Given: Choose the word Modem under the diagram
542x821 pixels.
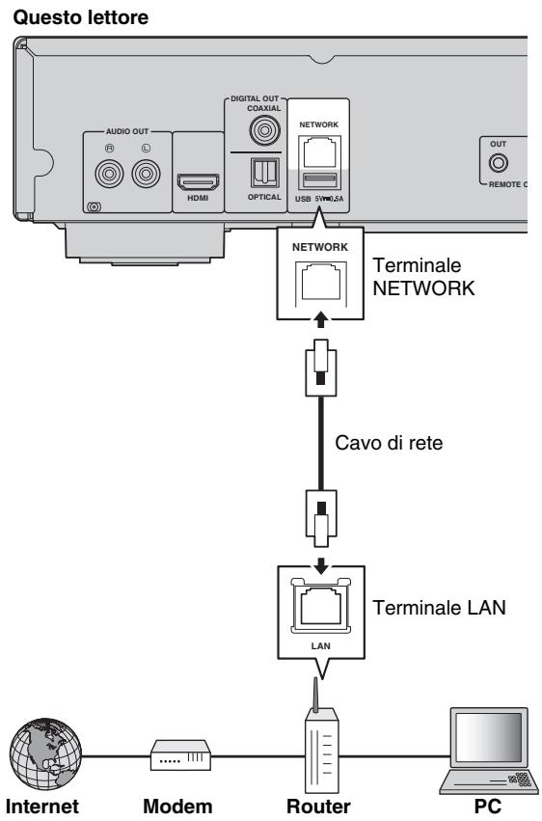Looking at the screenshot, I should tap(180, 806).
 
